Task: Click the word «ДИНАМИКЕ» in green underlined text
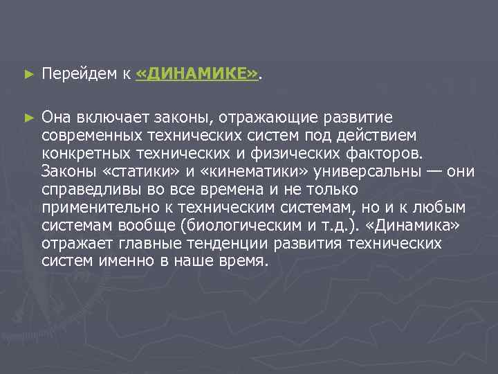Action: [197, 74]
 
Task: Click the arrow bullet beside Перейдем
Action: [28, 73]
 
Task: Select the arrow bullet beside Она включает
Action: [28, 118]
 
